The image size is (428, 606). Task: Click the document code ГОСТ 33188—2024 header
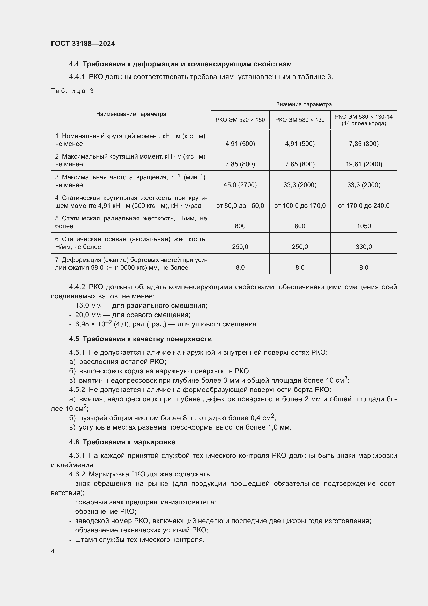pyautogui.click(x=83, y=44)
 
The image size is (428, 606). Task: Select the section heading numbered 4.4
pyautogui.click(x=180, y=64)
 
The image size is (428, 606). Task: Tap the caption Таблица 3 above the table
pyautogui.click(x=72, y=91)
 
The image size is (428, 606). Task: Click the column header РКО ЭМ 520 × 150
pyautogui.click(x=240, y=120)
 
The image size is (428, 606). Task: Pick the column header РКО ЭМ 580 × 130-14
pyautogui.click(x=363, y=120)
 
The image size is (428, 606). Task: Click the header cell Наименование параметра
pyautogui.click(x=131, y=114)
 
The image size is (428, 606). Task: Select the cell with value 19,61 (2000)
pyautogui.click(x=364, y=164)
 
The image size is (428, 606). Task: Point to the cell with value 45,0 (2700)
pyautogui.click(x=240, y=185)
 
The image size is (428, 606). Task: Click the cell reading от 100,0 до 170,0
pyautogui.click(x=300, y=206)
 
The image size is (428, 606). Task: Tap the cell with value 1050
pyautogui.click(x=364, y=226)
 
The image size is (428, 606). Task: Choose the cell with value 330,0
pyautogui.click(x=364, y=247)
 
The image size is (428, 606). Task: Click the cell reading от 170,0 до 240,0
pyautogui.click(x=364, y=206)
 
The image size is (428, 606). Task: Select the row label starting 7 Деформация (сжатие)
pyautogui.click(x=131, y=264)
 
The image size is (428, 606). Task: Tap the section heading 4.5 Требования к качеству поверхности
pyautogui.click(x=141, y=339)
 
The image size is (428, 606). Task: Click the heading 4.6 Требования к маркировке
pyautogui.click(x=122, y=442)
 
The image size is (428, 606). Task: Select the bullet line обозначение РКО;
pyautogui.click(x=105, y=511)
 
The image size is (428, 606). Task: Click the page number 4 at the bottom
pyautogui.click(x=53, y=551)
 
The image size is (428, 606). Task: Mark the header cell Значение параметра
pyautogui.click(x=304, y=104)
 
